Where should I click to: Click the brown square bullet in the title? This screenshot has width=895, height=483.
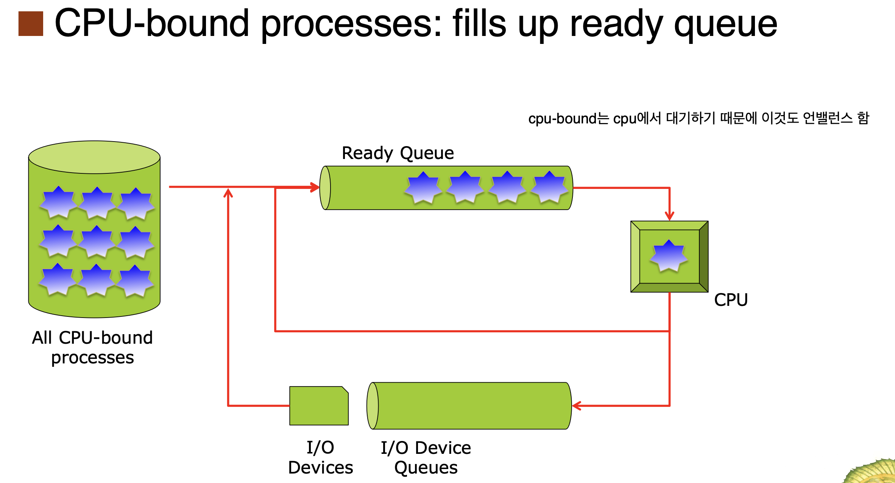click(31, 24)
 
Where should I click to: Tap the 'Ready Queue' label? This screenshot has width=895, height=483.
click(398, 153)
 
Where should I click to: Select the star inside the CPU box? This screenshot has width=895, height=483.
click(669, 256)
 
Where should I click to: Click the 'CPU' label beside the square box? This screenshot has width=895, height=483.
click(731, 300)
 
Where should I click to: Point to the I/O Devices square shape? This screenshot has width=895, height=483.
click(319, 406)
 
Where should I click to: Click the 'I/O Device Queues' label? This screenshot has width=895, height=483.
click(426, 458)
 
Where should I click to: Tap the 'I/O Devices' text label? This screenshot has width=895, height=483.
click(320, 458)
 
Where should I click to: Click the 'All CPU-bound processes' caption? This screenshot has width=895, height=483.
click(92, 347)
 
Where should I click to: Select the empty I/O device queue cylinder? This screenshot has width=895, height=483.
click(469, 406)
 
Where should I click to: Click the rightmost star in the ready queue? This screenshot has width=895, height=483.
click(549, 187)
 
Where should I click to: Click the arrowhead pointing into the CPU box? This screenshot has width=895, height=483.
click(669, 216)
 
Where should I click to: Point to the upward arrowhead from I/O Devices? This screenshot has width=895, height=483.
click(228, 193)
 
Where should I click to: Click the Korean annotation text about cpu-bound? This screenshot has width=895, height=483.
click(699, 118)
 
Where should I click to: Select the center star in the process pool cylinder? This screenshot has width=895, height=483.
click(97, 241)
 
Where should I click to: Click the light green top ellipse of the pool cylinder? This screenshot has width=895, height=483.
click(94, 157)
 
